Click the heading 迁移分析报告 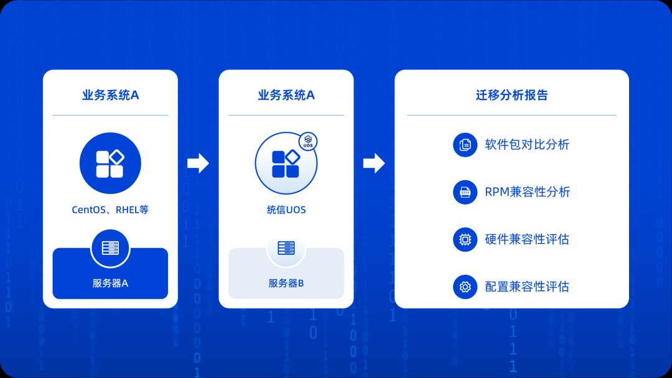(x=511, y=95)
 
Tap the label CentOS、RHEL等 (x=110, y=210)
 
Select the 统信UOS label (x=286, y=210)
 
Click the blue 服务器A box (x=110, y=283)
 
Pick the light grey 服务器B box (x=286, y=283)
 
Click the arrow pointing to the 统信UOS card (x=198, y=164)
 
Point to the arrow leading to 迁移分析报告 (x=374, y=164)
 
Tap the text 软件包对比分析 (x=527, y=145)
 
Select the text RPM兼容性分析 (x=527, y=192)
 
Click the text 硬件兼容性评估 (x=527, y=239)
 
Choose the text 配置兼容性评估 (x=527, y=287)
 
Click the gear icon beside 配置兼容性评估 (x=465, y=287)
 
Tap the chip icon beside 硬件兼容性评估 (x=465, y=239)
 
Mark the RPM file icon (x=465, y=192)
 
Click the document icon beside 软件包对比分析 (x=465, y=145)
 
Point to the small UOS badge (x=308, y=142)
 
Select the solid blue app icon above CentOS (x=110, y=164)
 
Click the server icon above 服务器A (x=110, y=248)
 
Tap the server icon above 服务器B (x=286, y=248)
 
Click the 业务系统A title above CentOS (x=110, y=95)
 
